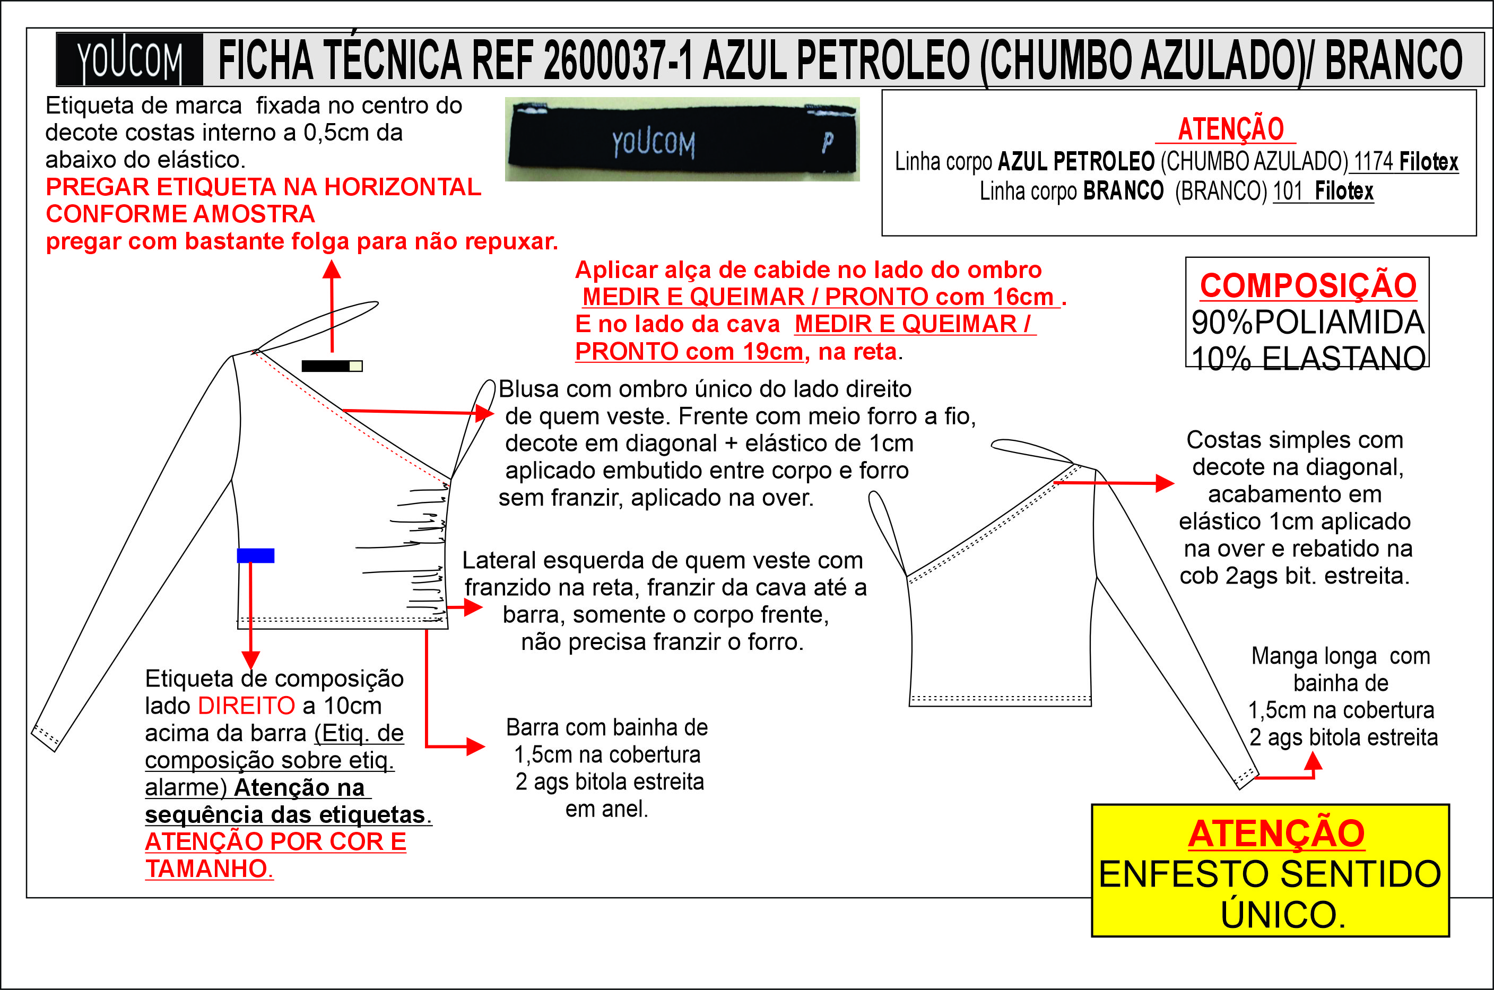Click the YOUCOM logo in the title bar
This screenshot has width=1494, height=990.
(x=129, y=60)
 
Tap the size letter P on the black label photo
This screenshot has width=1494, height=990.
(x=828, y=143)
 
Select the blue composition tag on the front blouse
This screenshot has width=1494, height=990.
(x=255, y=555)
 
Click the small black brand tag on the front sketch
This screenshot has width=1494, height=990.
(x=332, y=366)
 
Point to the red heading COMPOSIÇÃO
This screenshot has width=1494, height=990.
(x=1308, y=285)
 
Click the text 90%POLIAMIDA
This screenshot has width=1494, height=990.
(x=1308, y=323)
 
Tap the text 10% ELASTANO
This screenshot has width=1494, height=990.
(x=1308, y=358)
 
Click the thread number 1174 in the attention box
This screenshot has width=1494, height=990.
(x=1373, y=162)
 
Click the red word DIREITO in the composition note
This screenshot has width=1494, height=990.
(x=246, y=705)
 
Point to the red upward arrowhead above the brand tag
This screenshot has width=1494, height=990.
(x=332, y=270)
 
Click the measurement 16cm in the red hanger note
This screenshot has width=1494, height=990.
(x=1023, y=297)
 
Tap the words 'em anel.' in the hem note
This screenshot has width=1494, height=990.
(x=606, y=809)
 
